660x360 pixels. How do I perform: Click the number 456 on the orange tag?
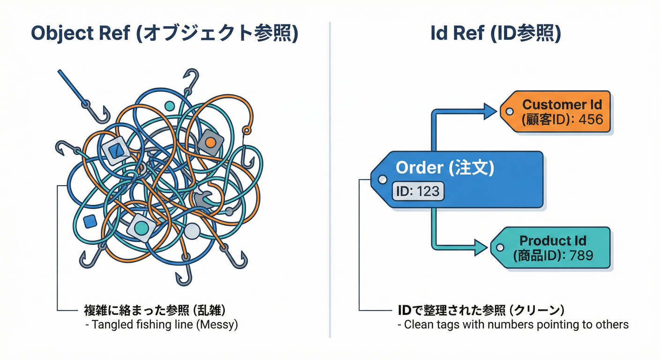(591, 120)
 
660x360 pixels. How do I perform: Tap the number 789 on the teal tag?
(581, 255)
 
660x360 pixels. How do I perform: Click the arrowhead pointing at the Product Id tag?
(481, 247)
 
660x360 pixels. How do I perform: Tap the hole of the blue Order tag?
(382, 179)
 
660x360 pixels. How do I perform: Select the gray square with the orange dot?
(210, 141)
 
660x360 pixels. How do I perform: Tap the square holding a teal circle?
(141, 227)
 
